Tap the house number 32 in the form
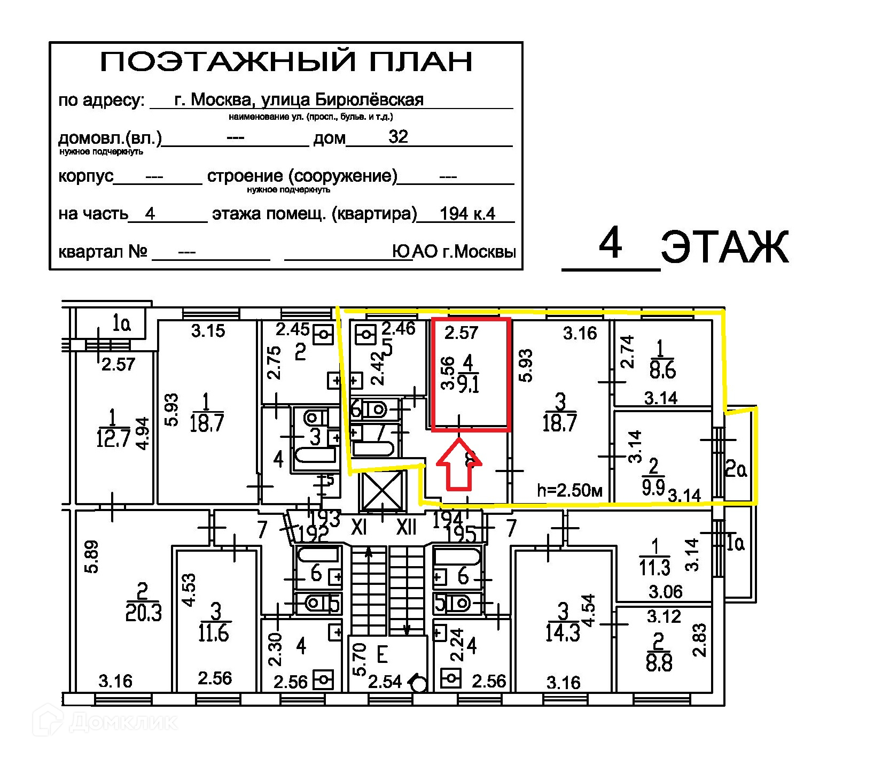pos(398,137)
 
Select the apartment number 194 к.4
pos(467,214)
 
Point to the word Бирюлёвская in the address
pos(369,99)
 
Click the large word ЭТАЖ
pos(724,248)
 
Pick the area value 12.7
pos(113,438)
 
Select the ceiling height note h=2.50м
pos(570,490)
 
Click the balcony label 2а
pos(736,470)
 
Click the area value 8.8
pos(659,663)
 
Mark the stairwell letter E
pos(382,655)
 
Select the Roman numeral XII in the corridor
pos(406,528)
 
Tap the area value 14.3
pos(563,632)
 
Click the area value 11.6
pos(214,633)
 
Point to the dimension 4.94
pos(143,434)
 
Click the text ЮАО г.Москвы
pos(454,251)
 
